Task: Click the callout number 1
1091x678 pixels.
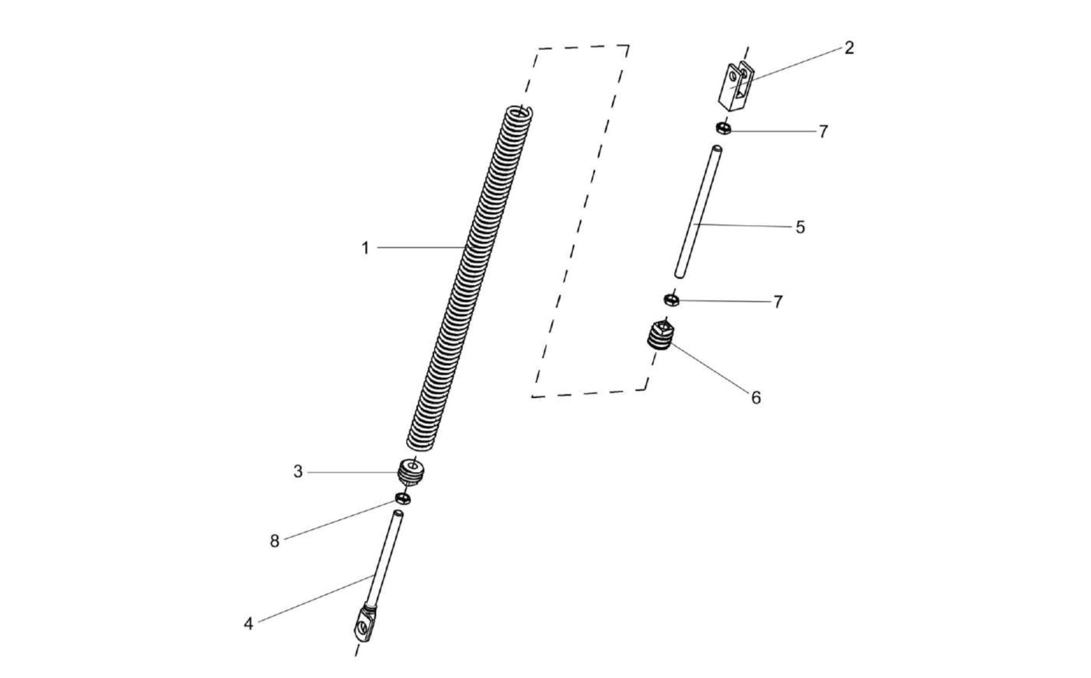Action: (365, 248)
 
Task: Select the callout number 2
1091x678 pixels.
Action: (849, 48)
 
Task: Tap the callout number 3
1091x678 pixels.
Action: (298, 472)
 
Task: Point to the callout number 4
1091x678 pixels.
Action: (248, 624)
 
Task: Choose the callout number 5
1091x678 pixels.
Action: (800, 227)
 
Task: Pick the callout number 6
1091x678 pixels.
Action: (756, 397)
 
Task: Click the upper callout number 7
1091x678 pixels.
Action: (823, 132)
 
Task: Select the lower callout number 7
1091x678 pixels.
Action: (778, 301)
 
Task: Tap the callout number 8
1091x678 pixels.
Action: (274, 541)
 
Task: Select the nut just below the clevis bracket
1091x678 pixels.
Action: (723, 127)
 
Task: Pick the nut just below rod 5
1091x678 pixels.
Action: (671, 299)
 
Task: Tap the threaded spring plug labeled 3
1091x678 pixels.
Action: (412, 471)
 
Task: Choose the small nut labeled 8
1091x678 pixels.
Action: (403, 498)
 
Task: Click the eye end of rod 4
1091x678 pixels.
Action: (365, 625)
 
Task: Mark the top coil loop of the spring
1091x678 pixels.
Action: (519, 113)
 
